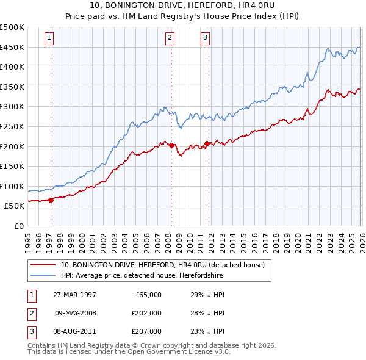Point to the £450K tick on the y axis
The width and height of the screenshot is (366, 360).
click(x=12, y=47)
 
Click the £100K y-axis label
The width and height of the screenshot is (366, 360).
click(x=12, y=186)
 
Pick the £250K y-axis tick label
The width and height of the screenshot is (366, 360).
click(x=12, y=126)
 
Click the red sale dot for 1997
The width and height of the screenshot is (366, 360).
click(x=51, y=200)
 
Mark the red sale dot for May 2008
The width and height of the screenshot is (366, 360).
click(x=171, y=145)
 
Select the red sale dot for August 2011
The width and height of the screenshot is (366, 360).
click(x=207, y=143)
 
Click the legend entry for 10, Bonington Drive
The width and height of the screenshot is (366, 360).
click(x=162, y=265)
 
